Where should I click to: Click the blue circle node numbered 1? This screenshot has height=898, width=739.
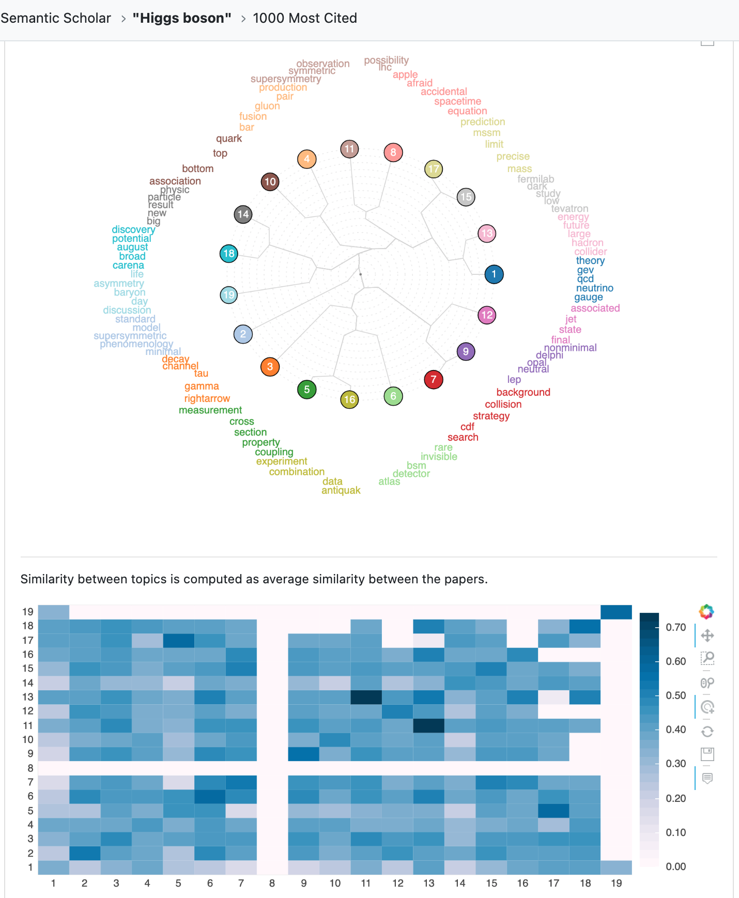(494, 274)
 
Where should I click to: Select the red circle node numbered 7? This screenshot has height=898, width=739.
(433, 380)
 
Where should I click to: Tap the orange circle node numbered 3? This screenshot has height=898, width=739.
(270, 367)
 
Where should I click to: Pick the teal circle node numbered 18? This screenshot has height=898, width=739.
(228, 253)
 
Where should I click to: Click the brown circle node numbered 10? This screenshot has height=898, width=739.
(270, 182)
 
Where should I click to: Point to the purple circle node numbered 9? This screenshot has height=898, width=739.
(466, 352)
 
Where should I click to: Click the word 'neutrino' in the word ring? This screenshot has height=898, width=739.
(594, 288)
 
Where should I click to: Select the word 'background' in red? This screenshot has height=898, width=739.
(523, 392)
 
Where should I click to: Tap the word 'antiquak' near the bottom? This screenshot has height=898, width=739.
(341, 490)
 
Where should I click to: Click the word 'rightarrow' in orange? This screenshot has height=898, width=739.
(207, 398)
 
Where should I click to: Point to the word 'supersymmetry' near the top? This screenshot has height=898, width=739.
(285, 79)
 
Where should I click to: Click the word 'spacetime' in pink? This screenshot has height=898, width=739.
(457, 101)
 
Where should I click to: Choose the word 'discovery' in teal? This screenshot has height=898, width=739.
(133, 229)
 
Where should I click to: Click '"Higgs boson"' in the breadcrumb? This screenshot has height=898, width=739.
(181, 18)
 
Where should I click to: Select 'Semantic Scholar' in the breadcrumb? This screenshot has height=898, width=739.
(56, 18)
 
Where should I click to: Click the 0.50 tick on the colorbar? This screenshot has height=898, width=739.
(675, 695)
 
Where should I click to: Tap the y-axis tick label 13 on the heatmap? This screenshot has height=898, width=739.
(28, 697)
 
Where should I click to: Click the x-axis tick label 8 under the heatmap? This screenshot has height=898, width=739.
(272, 883)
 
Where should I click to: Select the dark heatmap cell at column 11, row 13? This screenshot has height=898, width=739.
(366, 697)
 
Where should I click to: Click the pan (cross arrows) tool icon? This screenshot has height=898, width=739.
(707, 636)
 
